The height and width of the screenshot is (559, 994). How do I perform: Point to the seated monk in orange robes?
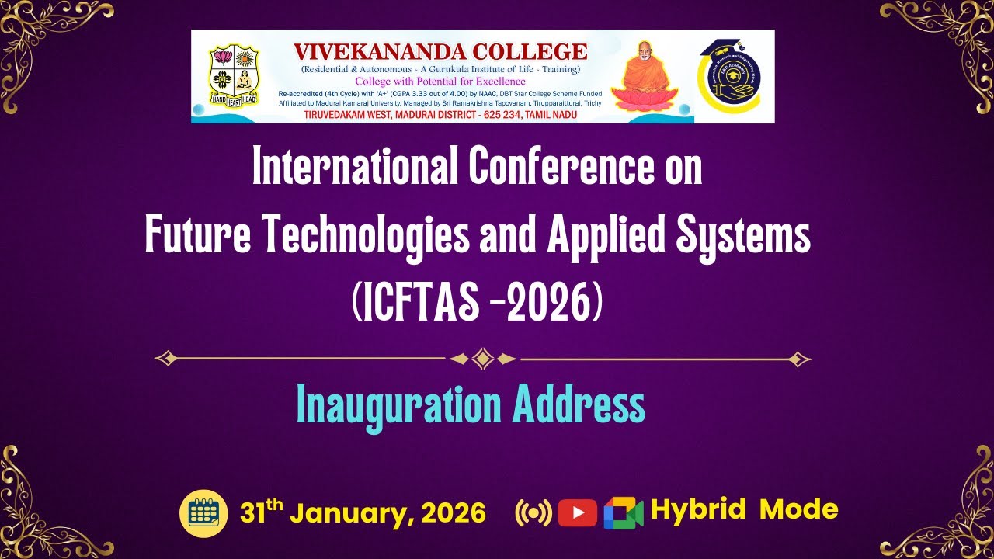[639, 75]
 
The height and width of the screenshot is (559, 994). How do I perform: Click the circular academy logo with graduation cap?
[734, 76]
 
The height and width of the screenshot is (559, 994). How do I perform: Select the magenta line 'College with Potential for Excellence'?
[440, 82]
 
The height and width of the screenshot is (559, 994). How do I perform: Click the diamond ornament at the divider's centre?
[483, 359]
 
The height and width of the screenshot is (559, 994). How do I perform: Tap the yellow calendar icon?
[203, 512]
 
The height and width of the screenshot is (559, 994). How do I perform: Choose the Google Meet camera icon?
[624, 512]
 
